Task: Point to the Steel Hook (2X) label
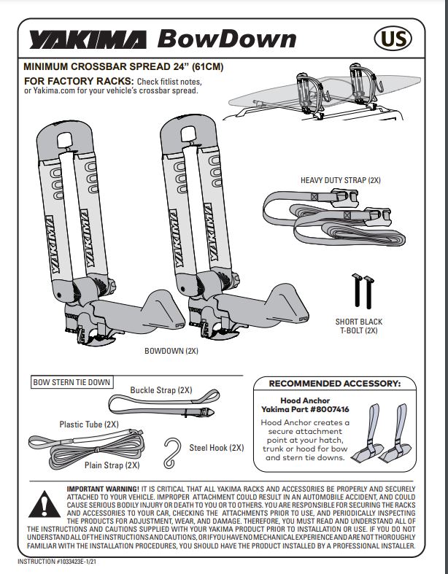pyautogui.click(x=217, y=448)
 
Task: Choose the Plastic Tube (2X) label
pyautogui.click(x=89, y=424)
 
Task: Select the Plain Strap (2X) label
pyautogui.click(x=113, y=465)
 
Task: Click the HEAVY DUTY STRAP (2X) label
pyautogui.click(x=341, y=179)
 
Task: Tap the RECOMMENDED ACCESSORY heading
pyautogui.click(x=335, y=384)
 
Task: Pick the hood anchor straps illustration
pyautogui.click(x=380, y=435)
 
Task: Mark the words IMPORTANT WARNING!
pyautogui.click(x=101, y=488)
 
